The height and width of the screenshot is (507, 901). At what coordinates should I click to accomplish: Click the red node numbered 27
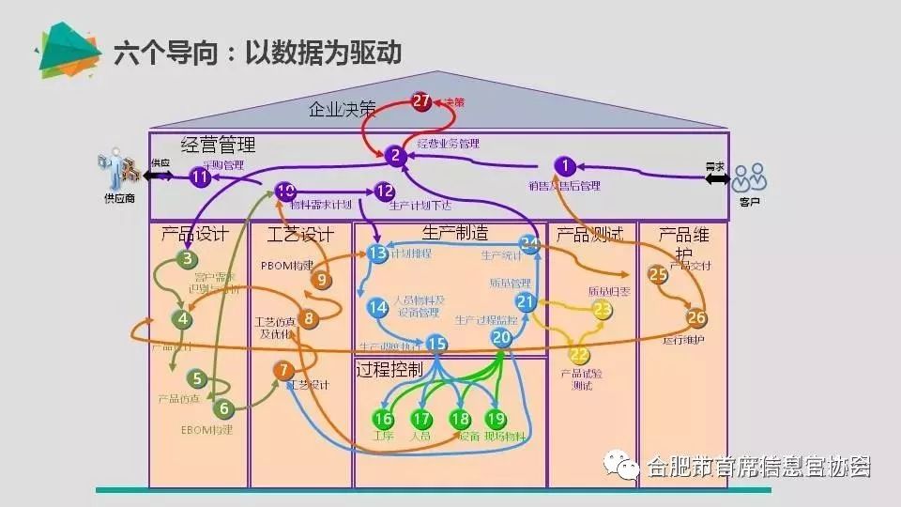click(421, 102)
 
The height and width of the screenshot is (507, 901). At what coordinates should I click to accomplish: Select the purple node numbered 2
click(396, 156)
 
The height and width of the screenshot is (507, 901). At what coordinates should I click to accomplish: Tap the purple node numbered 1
click(565, 166)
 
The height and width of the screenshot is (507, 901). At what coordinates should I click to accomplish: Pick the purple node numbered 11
click(200, 177)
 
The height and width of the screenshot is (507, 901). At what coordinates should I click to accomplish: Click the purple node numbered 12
click(385, 192)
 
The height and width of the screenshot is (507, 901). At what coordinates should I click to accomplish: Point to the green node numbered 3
click(188, 260)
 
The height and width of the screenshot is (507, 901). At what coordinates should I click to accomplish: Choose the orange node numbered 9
click(322, 279)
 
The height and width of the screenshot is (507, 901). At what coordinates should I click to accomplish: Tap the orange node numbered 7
click(284, 371)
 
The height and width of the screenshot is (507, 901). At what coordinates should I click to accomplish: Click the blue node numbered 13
click(378, 253)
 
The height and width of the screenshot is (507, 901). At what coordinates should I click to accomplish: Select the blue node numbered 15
click(436, 345)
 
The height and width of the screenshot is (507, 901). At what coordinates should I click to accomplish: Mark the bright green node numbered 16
click(383, 419)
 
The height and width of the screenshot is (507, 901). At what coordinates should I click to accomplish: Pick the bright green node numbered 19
click(495, 419)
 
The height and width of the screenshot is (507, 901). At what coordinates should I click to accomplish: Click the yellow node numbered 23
click(602, 308)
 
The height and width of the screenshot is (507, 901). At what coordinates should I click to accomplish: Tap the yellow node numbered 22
click(579, 355)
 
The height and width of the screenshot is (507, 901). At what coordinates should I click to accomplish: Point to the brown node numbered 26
click(696, 318)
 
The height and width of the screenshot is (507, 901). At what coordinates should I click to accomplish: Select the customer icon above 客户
click(750, 176)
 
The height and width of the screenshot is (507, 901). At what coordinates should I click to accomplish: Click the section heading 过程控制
click(389, 368)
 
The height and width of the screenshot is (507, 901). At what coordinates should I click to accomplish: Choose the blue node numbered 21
click(526, 302)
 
